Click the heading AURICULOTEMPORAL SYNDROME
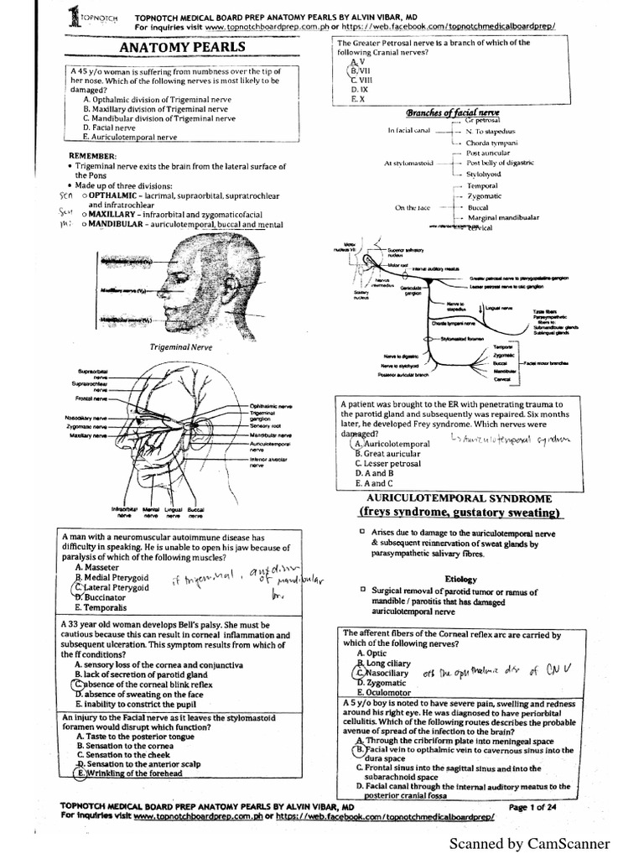[449, 498]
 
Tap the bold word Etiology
[460, 579]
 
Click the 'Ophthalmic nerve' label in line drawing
[271, 407]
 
